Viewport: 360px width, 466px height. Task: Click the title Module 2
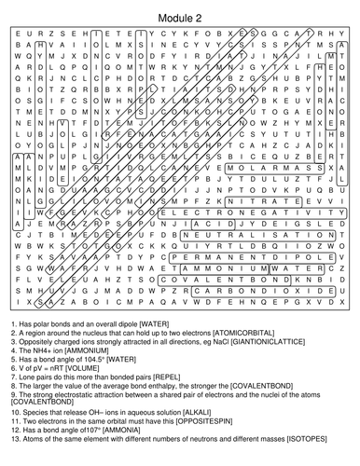coord(179,10)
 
